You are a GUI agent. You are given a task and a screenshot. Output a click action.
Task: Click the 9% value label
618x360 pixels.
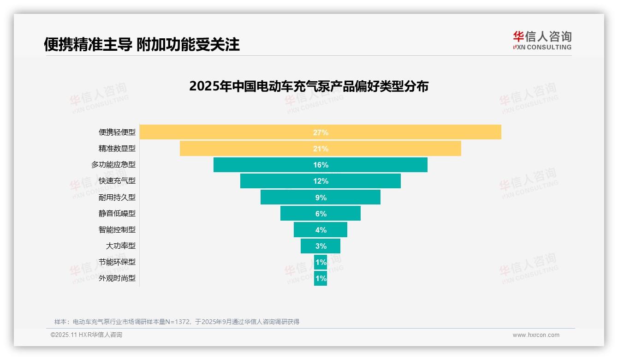pyautogui.click(x=321, y=198)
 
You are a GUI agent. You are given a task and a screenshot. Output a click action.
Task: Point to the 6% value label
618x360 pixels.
pyautogui.click(x=321, y=214)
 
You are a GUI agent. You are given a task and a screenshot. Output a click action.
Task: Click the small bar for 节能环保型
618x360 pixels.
pyautogui.click(x=321, y=262)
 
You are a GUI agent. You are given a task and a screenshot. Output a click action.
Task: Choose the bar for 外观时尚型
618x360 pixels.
pyautogui.click(x=321, y=278)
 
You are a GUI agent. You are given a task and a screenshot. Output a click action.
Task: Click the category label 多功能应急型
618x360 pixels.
pyautogui.click(x=113, y=165)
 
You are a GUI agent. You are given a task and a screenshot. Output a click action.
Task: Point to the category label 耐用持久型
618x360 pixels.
pyautogui.click(x=117, y=198)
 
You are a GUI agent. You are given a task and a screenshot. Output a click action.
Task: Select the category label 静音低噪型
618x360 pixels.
pyautogui.click(x=117, y=214)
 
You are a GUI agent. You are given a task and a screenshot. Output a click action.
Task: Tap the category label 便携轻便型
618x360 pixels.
pyautogui.click(x=117, y=132)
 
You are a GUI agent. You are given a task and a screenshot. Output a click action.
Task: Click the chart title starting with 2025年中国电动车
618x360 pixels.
pyautogui.click(x=309, y=86)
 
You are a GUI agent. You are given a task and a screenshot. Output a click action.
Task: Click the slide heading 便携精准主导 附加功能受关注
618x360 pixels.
pyautogui.click(x=142, y=44)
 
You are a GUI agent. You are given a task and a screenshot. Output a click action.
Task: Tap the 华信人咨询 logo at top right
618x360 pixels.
pyautogui.click(x=542, y=41)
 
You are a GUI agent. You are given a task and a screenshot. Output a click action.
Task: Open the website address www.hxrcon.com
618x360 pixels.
pyautogui.click(x=536, y=335)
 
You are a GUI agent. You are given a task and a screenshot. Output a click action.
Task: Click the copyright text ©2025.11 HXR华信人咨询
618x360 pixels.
pyautogui.click(x=86, y=335)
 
